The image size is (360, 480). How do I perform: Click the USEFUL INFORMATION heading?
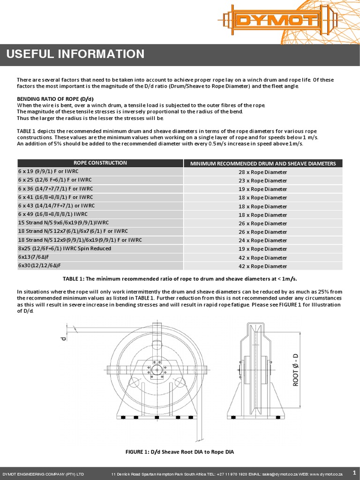click(75, 54)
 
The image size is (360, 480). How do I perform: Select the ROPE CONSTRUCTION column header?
click(100, 163)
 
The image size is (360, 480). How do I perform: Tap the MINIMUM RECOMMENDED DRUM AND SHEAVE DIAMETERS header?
click(262, 163)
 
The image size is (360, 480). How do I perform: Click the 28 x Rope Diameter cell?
click(262, 172)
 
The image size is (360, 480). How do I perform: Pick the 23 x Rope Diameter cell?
click(262, 180)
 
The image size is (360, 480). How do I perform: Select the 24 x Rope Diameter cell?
click(262, 240)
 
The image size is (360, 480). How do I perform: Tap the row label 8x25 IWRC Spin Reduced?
click(65, 248)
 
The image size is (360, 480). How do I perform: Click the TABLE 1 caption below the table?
click(180, 278)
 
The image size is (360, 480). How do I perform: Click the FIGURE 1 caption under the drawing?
click(180, 452)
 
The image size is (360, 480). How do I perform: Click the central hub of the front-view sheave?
click(155, 370)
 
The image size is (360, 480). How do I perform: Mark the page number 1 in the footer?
click(354, 473)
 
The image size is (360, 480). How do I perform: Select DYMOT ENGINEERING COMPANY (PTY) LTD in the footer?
click(44, 474)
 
